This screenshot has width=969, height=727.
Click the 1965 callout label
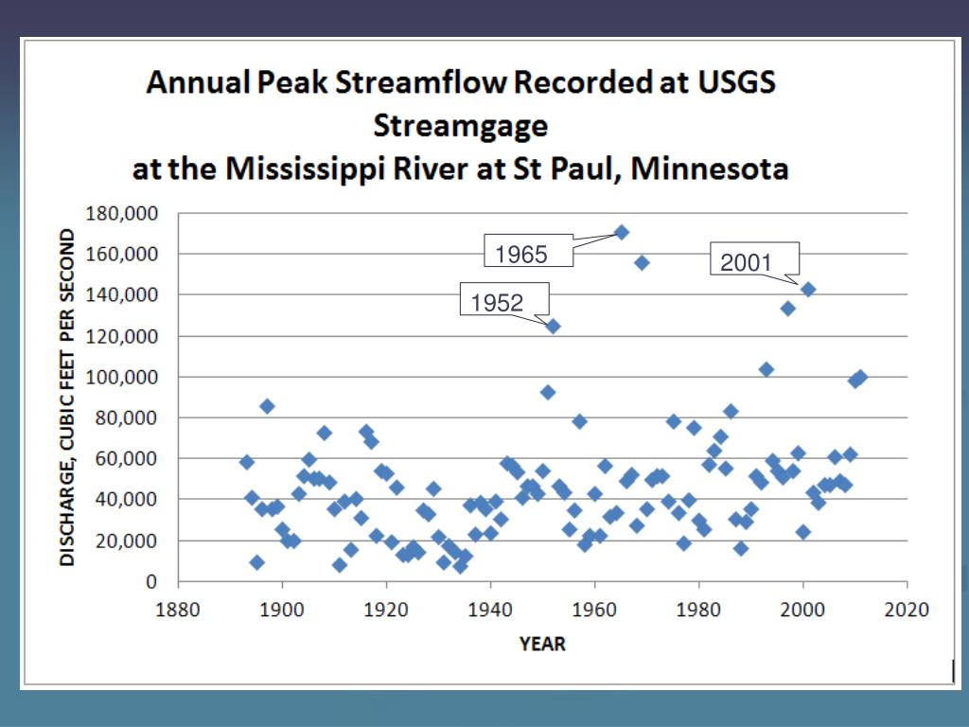pos(521,254)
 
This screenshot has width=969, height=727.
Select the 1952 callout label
pos(497,303)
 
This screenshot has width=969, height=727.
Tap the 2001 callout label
pos(747,263)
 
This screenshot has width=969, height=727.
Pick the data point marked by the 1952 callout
pos(554,326)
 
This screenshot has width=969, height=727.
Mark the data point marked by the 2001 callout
pos(808,290)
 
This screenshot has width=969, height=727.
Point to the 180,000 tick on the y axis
pos(122,213)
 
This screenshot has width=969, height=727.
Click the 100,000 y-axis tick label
pos(122,377)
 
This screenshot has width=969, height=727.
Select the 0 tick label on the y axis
pos(150,581)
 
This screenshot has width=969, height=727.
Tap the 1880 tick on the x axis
pos(178,609)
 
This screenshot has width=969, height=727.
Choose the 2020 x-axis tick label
pos(907,609)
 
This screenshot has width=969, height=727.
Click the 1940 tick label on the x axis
pos(490,609)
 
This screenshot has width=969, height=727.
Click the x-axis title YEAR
pos(542,644)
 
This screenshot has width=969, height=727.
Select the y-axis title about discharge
pos(68,398)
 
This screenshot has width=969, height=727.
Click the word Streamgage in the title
pos(461,126)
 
